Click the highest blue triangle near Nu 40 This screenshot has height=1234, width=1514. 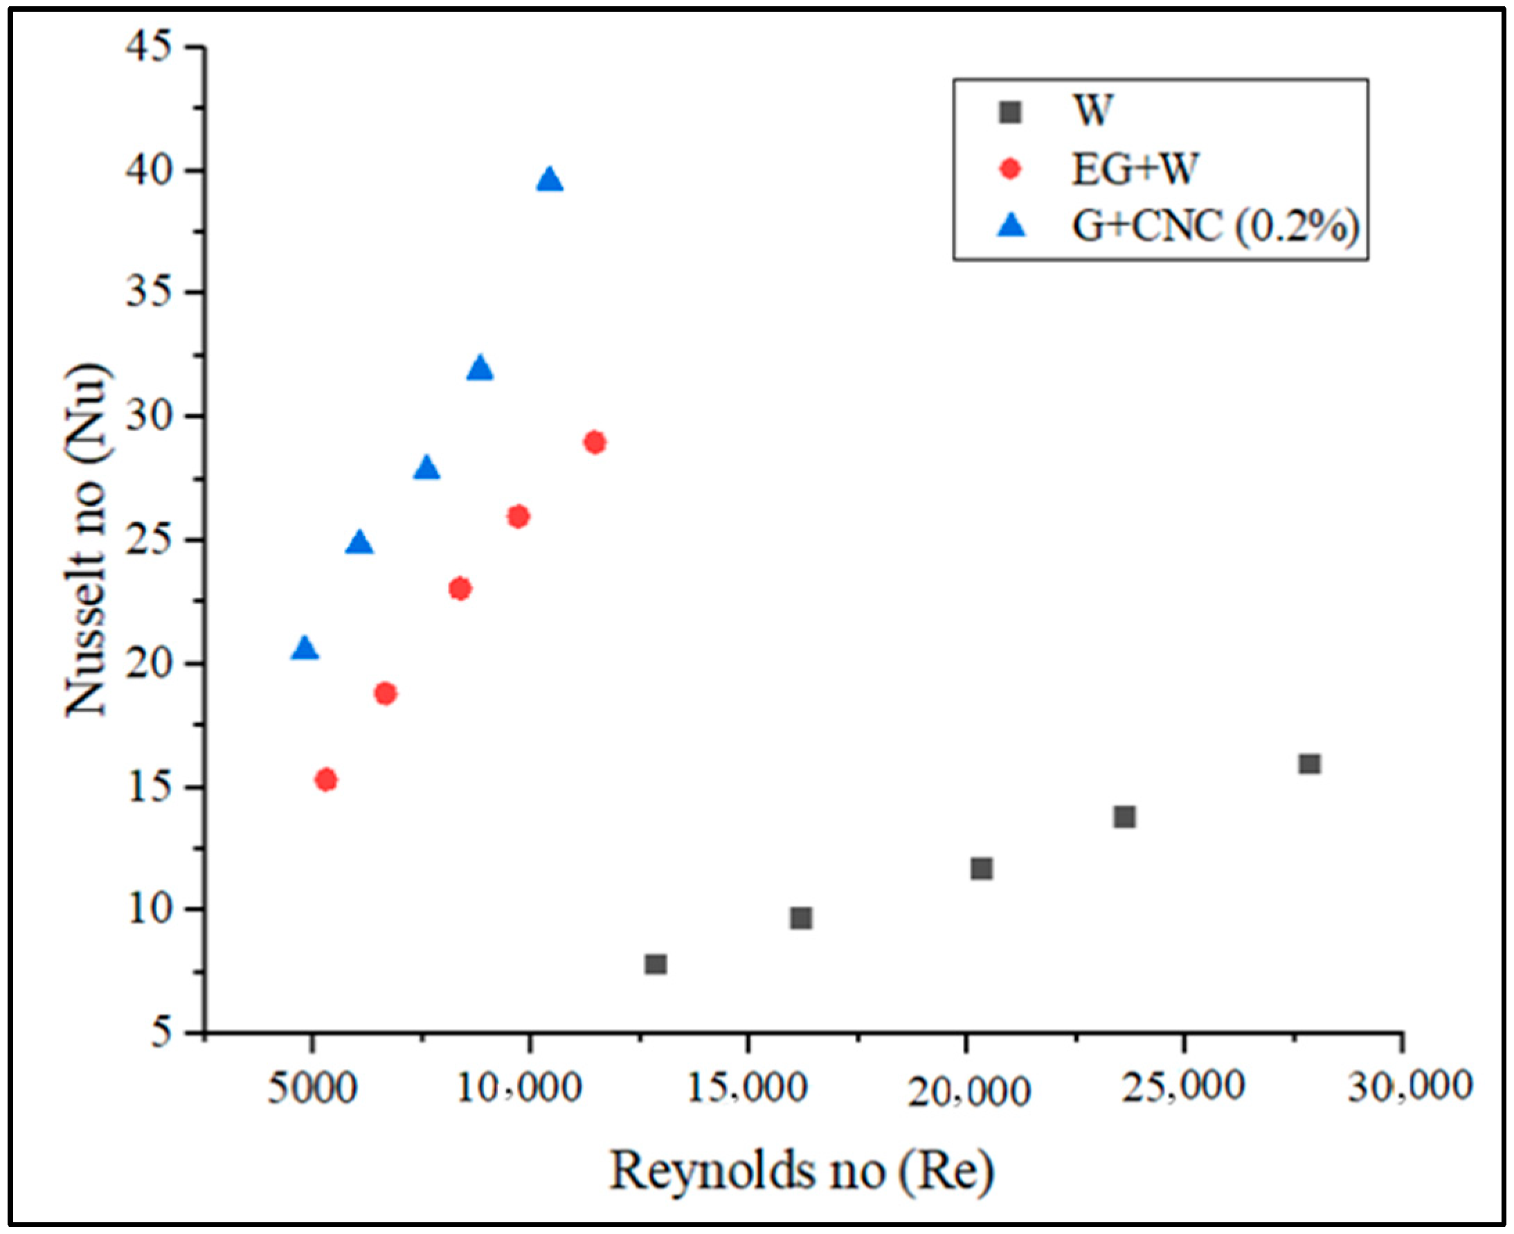click(550, 181)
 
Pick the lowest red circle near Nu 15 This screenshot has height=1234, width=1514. click(325, 780)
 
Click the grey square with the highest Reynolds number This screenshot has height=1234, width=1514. click(1309, 763)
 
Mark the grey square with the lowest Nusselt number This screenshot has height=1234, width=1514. click(655, 964)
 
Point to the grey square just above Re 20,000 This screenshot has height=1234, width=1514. click(981, 868)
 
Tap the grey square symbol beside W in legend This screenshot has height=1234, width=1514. click(1010, 112)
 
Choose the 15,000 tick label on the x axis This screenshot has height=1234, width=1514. click(748, 1089)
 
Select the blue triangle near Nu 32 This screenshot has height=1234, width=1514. click(480, 369)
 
